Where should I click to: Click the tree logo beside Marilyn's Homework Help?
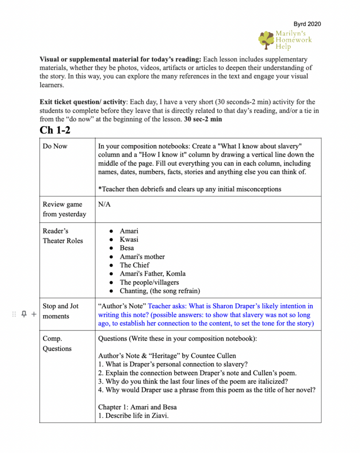point(267,40)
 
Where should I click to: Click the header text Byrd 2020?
point(307,24)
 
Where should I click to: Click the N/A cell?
point(104,204)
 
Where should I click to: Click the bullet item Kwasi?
point(129,239)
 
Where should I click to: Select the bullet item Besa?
point(127,248)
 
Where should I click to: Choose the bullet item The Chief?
point(135,265)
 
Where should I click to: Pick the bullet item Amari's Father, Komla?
point(153,273)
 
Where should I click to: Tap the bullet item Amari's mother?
point(142,257)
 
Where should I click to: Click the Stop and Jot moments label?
point(61,311)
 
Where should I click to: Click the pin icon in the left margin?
point(24,314)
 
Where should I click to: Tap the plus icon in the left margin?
point(34,314)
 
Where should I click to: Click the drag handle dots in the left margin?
point(14,314)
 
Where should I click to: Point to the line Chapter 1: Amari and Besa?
point(137,407)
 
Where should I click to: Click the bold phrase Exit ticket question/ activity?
point(76,102)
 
